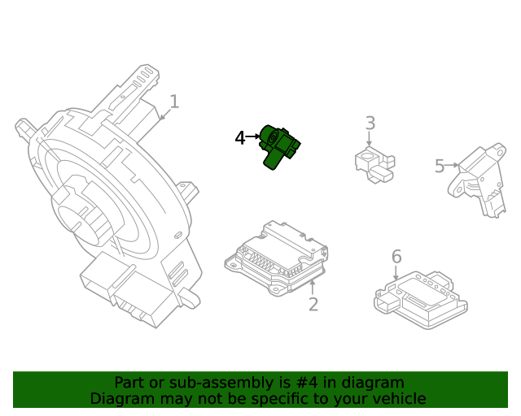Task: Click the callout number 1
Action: (x=173, y=102)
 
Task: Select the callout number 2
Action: (x=313, y=305)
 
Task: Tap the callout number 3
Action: (x=370, y=123)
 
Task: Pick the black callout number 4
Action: (x=239, y=138)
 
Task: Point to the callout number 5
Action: (x=440, y=167)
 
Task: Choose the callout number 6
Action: (x=396, y=258)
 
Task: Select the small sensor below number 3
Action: (x=374, y=162)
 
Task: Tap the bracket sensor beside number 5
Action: (x=479, y=180)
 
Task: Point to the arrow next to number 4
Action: (x=253, y=138)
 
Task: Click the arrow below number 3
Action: (x=370, y=141)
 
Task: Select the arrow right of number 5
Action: (x=453, y=167)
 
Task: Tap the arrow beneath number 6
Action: (x=396, y=275)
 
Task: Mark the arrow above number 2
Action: (x=313, y=286)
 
